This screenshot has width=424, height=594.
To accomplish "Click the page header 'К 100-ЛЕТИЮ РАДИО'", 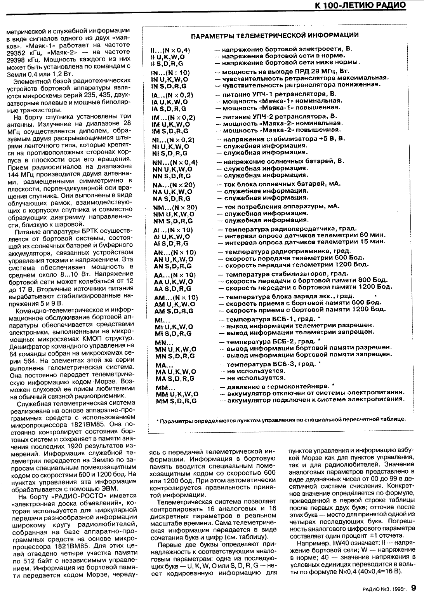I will coord(361,5).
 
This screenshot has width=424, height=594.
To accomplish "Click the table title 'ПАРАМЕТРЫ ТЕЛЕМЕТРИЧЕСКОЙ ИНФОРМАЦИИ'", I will coord(275,35).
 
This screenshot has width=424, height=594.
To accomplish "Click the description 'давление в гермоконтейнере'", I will coord(278,387).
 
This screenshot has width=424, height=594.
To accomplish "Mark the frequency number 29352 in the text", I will coord(18,52).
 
